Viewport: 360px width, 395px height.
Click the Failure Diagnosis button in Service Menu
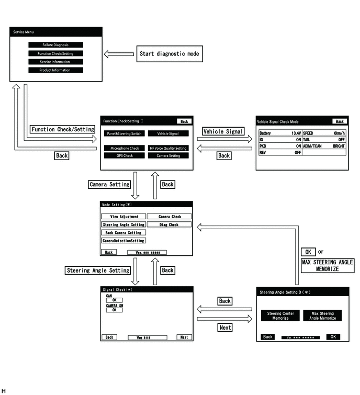click(55, 45)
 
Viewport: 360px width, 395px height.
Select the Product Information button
click(55, 70)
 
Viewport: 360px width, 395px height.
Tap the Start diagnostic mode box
click(170, 54)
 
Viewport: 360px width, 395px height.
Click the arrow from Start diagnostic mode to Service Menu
click(119, 54)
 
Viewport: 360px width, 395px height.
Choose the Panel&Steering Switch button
click(125, 133)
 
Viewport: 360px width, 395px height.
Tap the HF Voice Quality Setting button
click(168, 148)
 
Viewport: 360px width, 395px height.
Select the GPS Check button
click(125, 156)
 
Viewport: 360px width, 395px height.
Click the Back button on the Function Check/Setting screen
click(184, 121)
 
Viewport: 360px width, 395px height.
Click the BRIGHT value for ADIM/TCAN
click(339, 146)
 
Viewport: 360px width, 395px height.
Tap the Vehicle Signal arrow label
click(223, 131)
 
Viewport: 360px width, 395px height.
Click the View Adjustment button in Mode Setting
click(123, 217)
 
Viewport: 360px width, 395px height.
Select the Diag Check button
click(169, 224)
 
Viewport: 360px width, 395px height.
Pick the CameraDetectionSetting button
click(123, 241)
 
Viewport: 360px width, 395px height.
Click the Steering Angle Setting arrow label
click(98, 270)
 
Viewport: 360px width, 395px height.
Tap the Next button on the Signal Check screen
click(184, 337)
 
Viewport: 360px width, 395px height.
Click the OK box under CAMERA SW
click(115, 310)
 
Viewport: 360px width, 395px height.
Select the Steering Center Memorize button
click(280, 315)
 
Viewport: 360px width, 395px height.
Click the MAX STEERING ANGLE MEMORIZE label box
click(328, 266)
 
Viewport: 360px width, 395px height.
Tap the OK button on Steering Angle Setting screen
click(333, 337)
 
